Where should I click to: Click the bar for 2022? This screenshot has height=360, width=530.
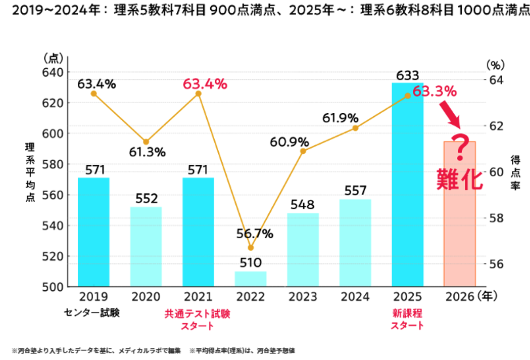[x=251, y=279]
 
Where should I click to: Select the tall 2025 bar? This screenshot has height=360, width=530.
[x=407, y=185]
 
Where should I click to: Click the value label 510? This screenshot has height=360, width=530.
[x=251, y=263]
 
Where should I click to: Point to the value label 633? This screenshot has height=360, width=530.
[x=407, y=75]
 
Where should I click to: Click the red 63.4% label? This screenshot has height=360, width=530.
[x=205, y=83]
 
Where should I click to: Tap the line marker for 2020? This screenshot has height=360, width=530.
[x=146, y=142]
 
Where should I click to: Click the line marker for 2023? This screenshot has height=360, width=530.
[x=303, y=151]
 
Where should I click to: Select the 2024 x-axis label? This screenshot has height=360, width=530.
[x=355, y=296]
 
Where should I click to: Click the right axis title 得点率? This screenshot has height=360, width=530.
[x=515, y=172]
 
